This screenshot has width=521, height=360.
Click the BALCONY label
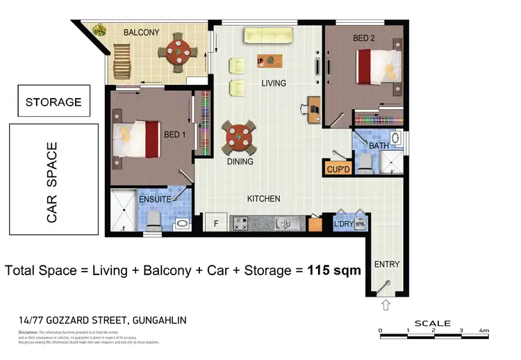(x=142, y=32)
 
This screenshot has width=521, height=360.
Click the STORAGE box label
(x=53, y=102)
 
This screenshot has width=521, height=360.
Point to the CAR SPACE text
(x=52, y=183)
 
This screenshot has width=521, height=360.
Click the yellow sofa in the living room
(x=269, y=35)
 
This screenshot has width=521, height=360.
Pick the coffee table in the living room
(x=271, y=60)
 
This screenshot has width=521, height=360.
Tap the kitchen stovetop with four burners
(x=240, y=224)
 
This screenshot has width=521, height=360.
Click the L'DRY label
(x=345, y=224)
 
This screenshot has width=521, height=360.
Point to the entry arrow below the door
(x=386, y=304)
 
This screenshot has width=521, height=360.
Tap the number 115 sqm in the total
(x=333, y=270)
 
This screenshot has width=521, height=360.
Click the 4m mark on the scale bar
(x=483, y=330)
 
